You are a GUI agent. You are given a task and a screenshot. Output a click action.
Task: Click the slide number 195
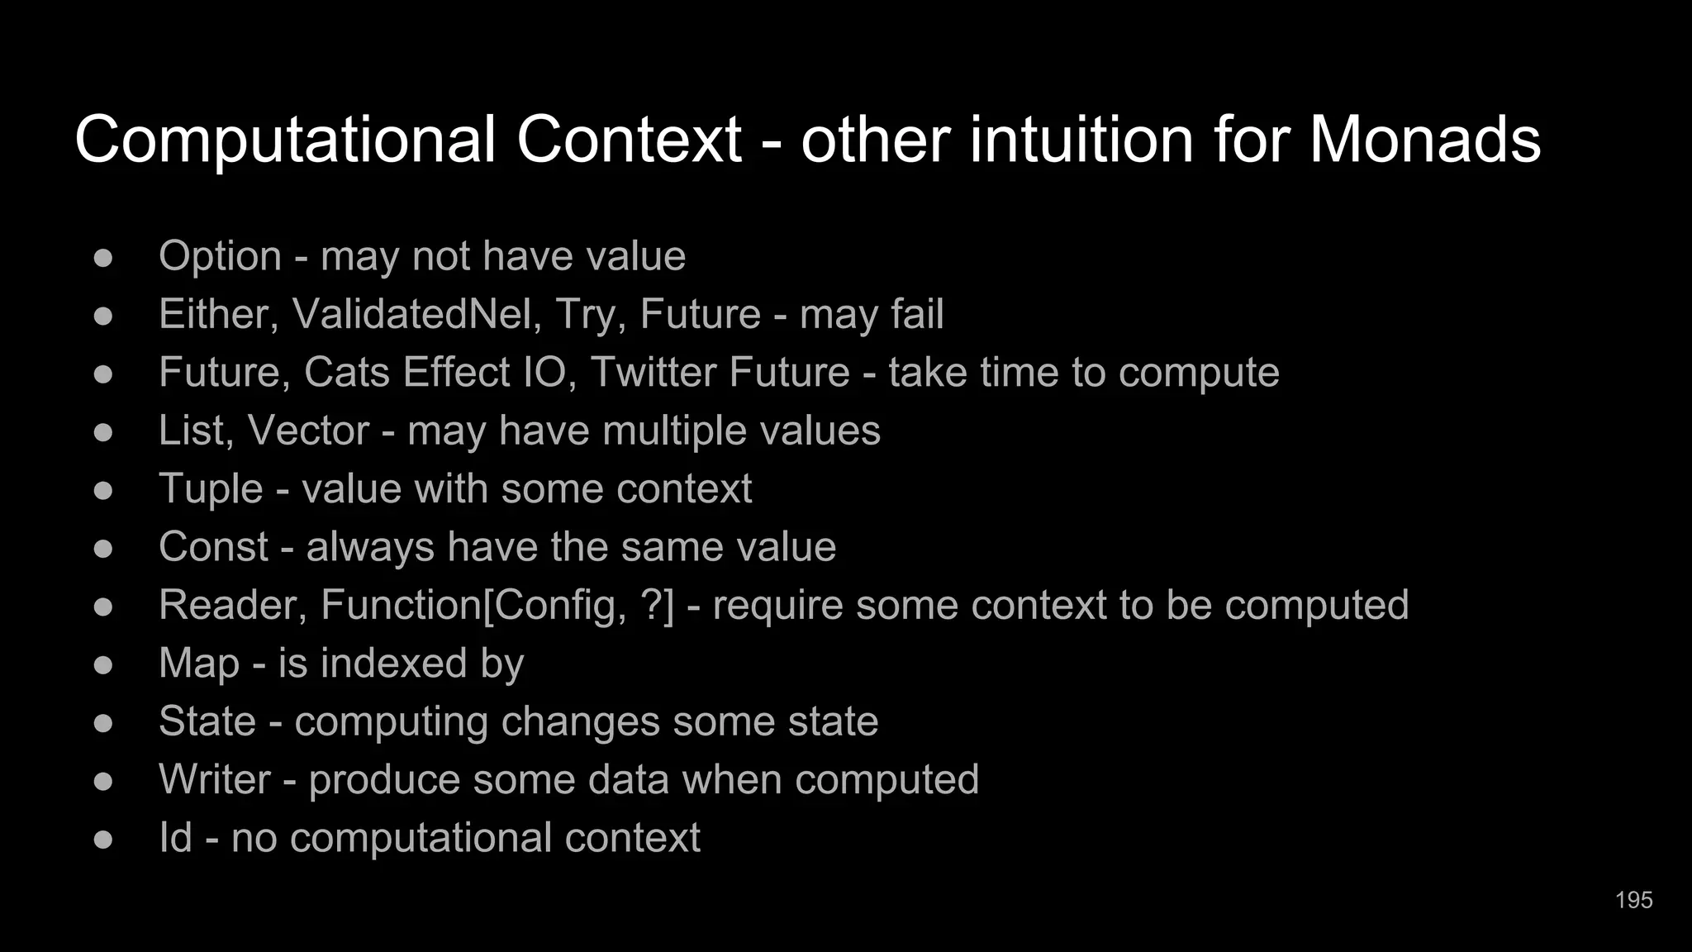[x=1633, y=900]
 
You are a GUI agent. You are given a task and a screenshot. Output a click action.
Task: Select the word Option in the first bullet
[x=220, y=256]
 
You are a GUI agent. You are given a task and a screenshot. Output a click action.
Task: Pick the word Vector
[x=308, y=431]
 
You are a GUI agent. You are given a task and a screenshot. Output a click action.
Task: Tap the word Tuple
[x=211, y=489]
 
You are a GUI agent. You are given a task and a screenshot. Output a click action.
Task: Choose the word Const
[x=214, y=547]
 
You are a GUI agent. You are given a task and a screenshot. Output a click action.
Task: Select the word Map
[x=199, y=664]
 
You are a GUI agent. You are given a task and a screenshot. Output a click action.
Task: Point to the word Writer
[x=215, y=779]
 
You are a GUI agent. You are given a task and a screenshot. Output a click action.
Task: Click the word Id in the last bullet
[x=175, y=837]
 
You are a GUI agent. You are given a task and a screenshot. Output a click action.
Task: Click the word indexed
[x=373, y=663]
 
